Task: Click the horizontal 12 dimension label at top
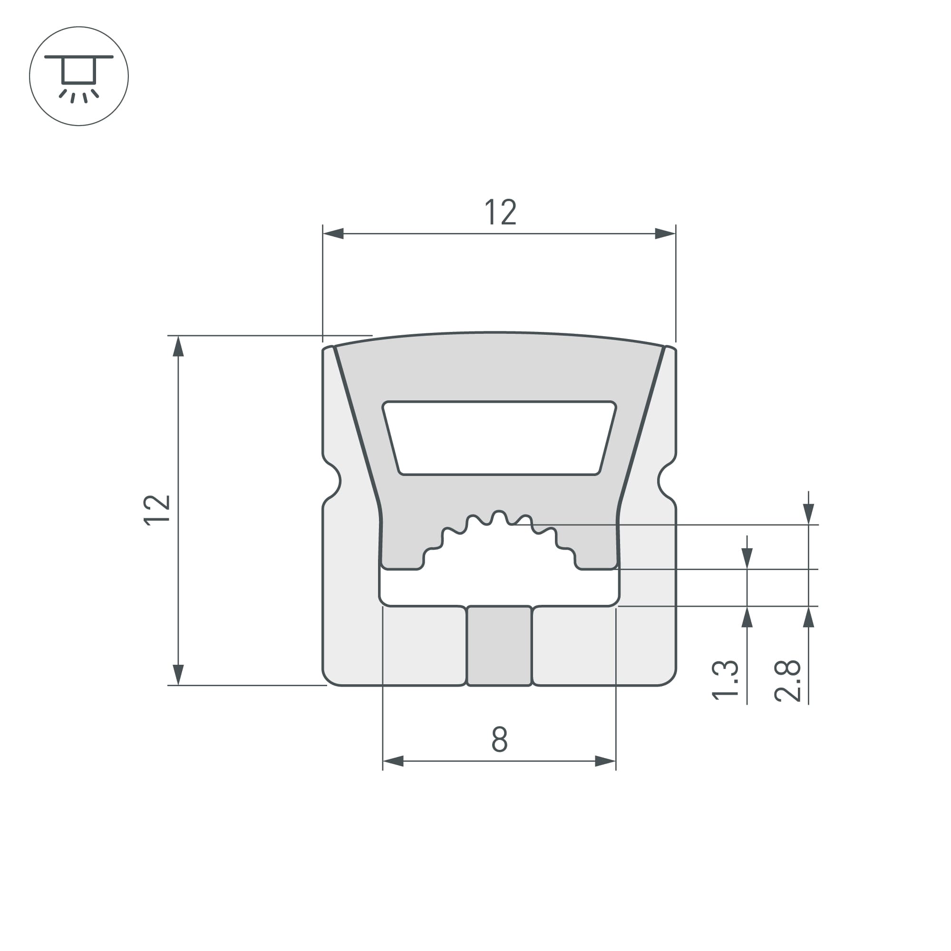click(x=501, y=213)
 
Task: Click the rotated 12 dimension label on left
click(x=156, y=510)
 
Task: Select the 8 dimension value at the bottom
click(x=499, y=739)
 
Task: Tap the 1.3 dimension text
click(x=725, y=679)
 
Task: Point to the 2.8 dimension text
click(x=787, y=681)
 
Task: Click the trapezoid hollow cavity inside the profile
click(x=499, y=438)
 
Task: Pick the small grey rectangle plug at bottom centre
click(x=499, y=646)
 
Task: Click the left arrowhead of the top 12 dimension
click(x=333, y=233)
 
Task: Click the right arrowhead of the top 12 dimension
click(x=665, y=233)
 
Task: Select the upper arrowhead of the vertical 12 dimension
click(x=178, y=346)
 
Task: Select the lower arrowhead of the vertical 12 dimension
click(x=178, y=674)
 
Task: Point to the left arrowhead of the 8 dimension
click(x=393, y=761)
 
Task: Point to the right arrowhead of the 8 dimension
click(x=605, y=761)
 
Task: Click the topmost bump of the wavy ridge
click(x=499, y=513)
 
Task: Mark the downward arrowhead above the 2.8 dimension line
click(x=808, y=514)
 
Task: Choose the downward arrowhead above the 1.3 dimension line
click(x=747, y=558)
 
